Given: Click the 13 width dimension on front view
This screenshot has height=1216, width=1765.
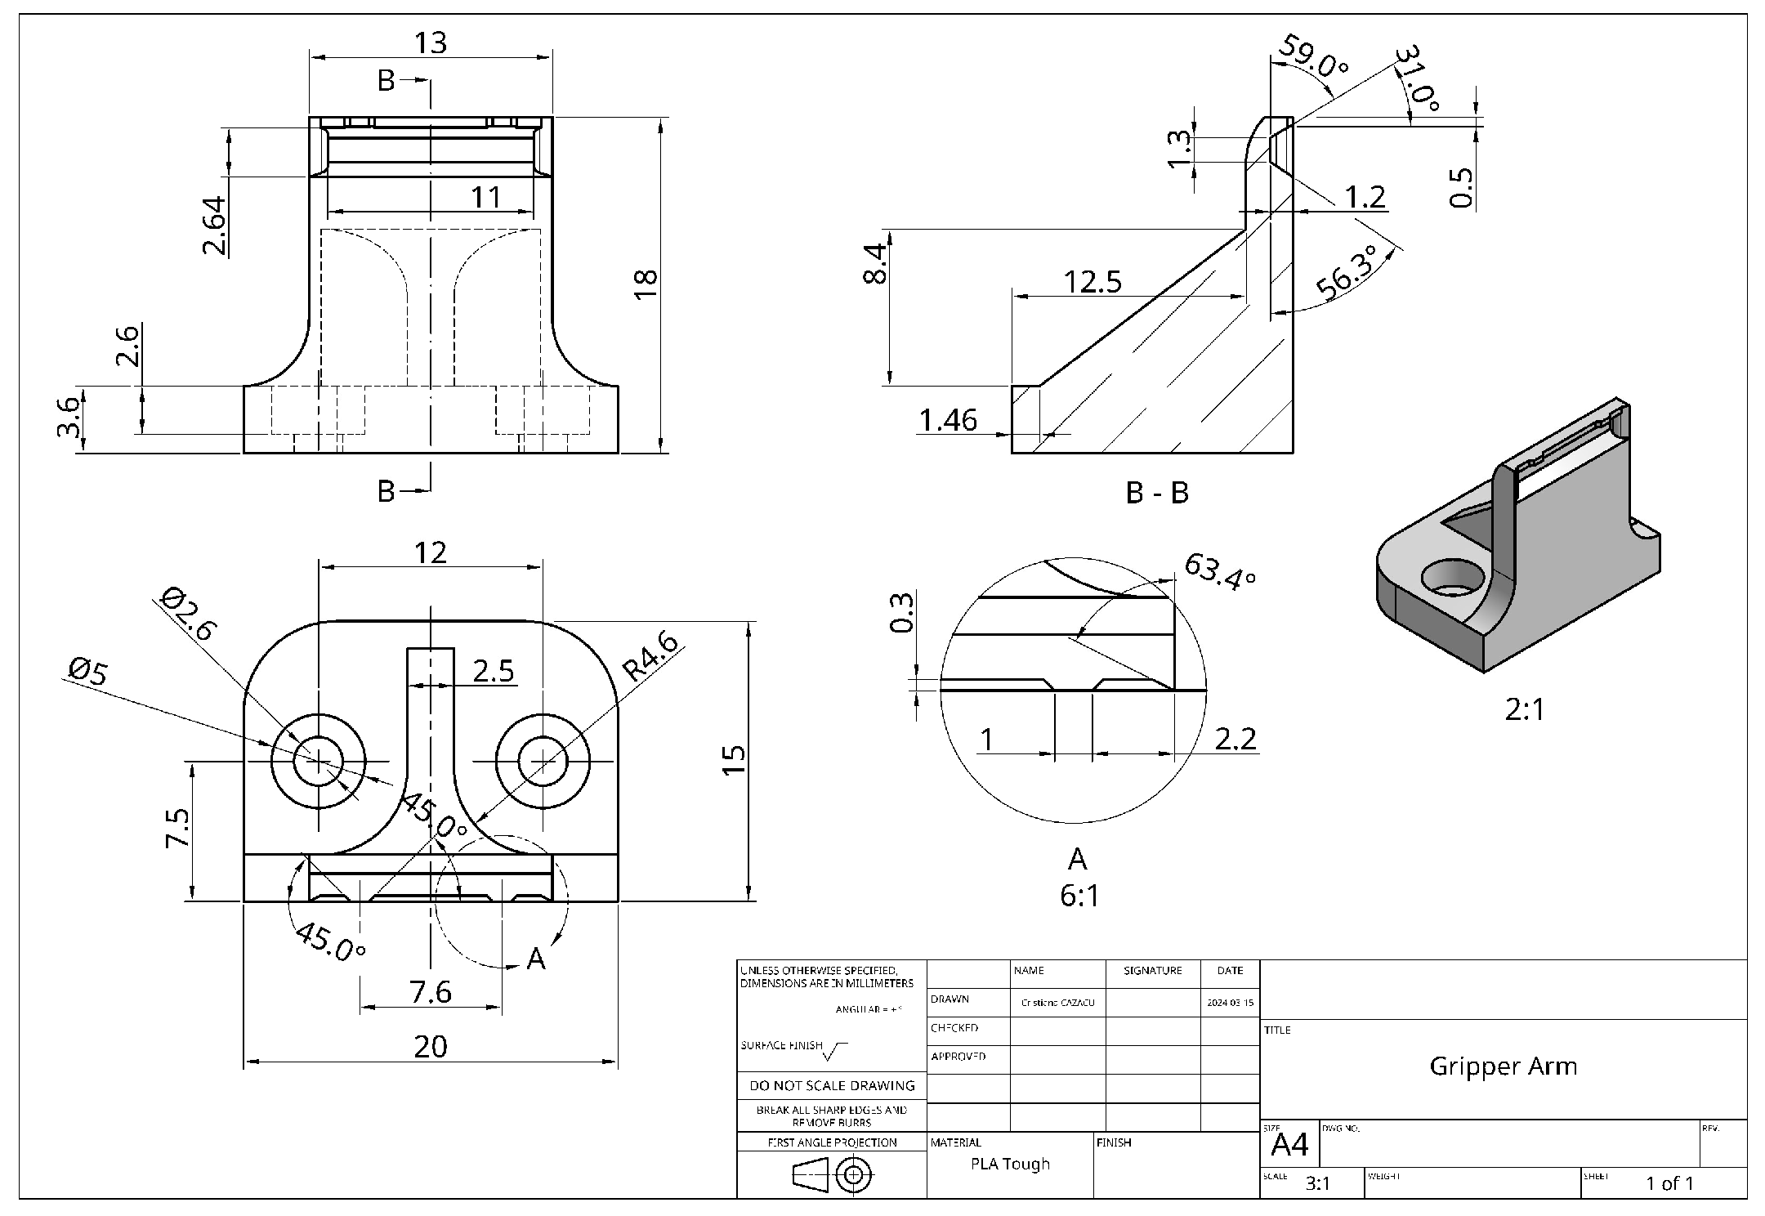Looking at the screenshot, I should pyautogui.click(x=431, y=42).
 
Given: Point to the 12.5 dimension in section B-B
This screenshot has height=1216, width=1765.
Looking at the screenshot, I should pyautogui.click(x=1093, y=282).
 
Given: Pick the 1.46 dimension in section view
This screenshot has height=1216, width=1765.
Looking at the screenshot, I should pyautogui.click(x=948, y=420).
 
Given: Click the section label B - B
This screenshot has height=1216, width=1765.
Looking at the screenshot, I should pyautogui.click(x=1157, y=493).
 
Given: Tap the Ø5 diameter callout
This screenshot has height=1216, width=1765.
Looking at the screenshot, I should pyautogui.click(x=87, y=672).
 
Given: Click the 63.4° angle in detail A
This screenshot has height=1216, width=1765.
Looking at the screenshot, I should pyautogui.click(x=1219, y=570).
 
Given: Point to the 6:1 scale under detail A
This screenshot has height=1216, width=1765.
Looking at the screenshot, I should pyautogui.click(x=1079, y=896).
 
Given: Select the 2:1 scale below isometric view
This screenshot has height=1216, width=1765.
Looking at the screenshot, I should pyautogui.click(x=1525, y=709).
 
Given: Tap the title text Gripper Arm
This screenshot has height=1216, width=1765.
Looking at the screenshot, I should pyautogui.click(x=1503, y=1066).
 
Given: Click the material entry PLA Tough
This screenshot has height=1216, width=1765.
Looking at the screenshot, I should pyautogui.click(x=1010, y=1164).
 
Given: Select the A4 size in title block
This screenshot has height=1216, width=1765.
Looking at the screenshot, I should pyautogui.click(x=1289, y=1145).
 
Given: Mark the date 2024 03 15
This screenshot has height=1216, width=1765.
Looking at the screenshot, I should pyautogui.click(x=1230, y=1003).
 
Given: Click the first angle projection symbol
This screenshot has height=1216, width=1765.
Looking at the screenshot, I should pyautogui.click(x=833, y=1176).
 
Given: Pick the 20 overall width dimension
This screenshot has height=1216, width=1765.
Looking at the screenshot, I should pyautogui.click(x=431, y=1046).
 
